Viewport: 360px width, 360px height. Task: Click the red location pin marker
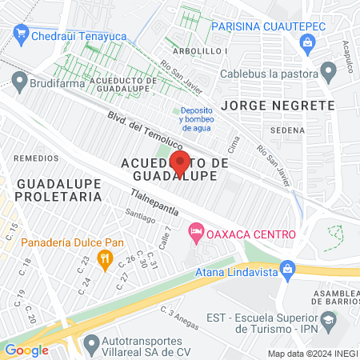click(x=178, y=162)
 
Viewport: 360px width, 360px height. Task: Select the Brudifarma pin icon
click(x=19, y=80)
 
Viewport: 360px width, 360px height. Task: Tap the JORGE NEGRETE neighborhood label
click(x=278, y=106)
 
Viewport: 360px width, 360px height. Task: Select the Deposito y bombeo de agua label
click(x=198, y=118)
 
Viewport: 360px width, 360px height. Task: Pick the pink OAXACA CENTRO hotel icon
click(x=194, y=234)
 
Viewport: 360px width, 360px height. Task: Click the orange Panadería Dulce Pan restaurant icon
click(x=103, y=258)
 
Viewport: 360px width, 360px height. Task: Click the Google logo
click(x=26, y=350)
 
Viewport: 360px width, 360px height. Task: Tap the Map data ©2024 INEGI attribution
click(x=312, y=354)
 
